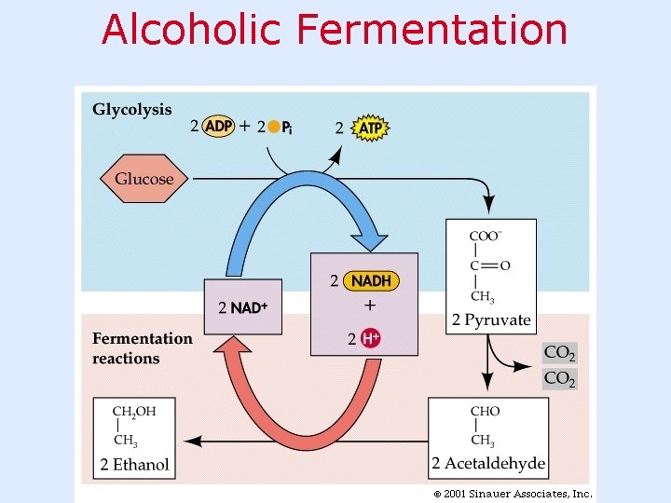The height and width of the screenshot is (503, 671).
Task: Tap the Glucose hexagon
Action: pyautogui.click(x=144, y=178)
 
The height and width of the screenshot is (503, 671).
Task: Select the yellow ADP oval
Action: pyautogui.click(x=219, y=127)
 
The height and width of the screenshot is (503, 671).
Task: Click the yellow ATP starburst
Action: pyautogui.click(x=371, y=128)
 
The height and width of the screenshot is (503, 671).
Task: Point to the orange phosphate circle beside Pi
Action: pyautogui.click(x=273, y=128)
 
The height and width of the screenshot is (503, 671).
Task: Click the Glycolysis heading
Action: pyautogui.click(x=132, y=109)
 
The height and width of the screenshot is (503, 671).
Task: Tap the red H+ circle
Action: pyautogui.click(x=370, y=338)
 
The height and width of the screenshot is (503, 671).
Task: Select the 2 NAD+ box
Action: pyautogui.click(x=242, y=306)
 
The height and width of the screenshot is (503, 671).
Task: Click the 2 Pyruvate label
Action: pyautogui.click(x=491, y=320)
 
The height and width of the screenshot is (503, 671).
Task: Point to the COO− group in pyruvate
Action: pyautogui.click(x=485, y=235)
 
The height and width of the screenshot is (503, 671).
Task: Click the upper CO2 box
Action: pyautogui.click(x=559, y=353)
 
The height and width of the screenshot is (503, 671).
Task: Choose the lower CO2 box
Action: pyautogui.click(x=559, y=379)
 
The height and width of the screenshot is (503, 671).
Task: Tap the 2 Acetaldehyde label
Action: pyautogui.click(x=488, y=464)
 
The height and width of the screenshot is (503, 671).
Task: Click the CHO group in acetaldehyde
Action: pyautogui.click(x=486, y=411)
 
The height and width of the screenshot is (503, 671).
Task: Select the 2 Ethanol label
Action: pyautogui.click(x=135, y=464)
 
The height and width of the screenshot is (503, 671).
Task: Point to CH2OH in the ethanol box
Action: pyautogui.click(x=134, y=411)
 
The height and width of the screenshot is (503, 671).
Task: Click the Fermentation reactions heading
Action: pyautogui.click(x=142, y=348)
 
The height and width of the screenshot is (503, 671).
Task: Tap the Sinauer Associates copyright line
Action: pyautogui.click(x=512, y=494)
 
